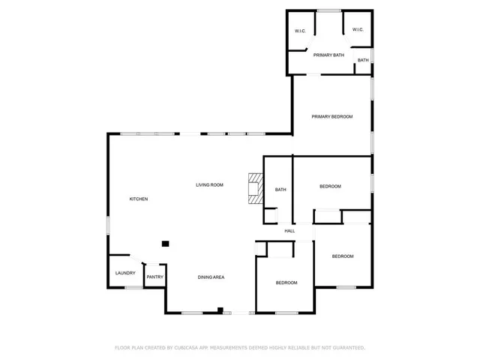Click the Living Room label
click(210, 184)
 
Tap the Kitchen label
click(139, 199)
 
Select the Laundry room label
click(125, 273)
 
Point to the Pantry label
click(154, 277)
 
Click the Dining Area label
click(211, 277)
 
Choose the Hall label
click(289, 230)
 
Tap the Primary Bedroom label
click(331, 117)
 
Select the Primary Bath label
click(328, 55)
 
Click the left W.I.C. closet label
click(300, 31)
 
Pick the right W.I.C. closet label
click(358, 30)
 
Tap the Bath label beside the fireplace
click(280, 190)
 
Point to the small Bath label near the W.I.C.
click(363, 60)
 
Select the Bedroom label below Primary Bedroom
click(330, 186)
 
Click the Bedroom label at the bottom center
click(286, 283)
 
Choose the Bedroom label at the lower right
click(343, 256)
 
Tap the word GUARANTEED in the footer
click(346, 348)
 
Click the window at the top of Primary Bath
click(328, 10)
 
